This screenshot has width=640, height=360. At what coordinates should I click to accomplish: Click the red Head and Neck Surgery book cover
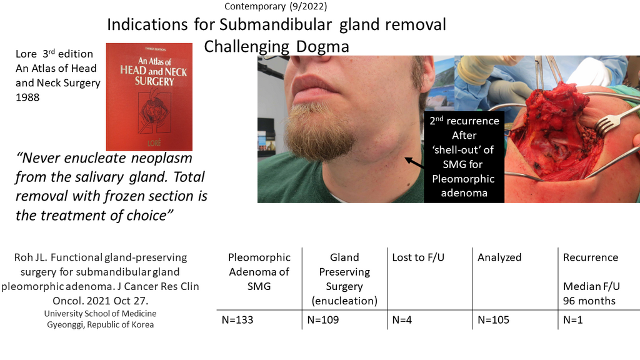coord(149,97)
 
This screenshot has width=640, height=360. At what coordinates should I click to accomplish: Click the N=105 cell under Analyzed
coord(493,320)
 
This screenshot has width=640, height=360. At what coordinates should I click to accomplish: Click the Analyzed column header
coord(499,257)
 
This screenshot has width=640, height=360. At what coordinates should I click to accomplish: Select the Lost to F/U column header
coord(421,257)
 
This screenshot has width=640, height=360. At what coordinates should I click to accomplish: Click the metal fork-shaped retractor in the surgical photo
coord(609,122)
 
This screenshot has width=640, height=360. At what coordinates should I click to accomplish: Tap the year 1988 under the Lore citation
coord(27,97)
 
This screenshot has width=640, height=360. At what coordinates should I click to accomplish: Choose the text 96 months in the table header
coord(589,301)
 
